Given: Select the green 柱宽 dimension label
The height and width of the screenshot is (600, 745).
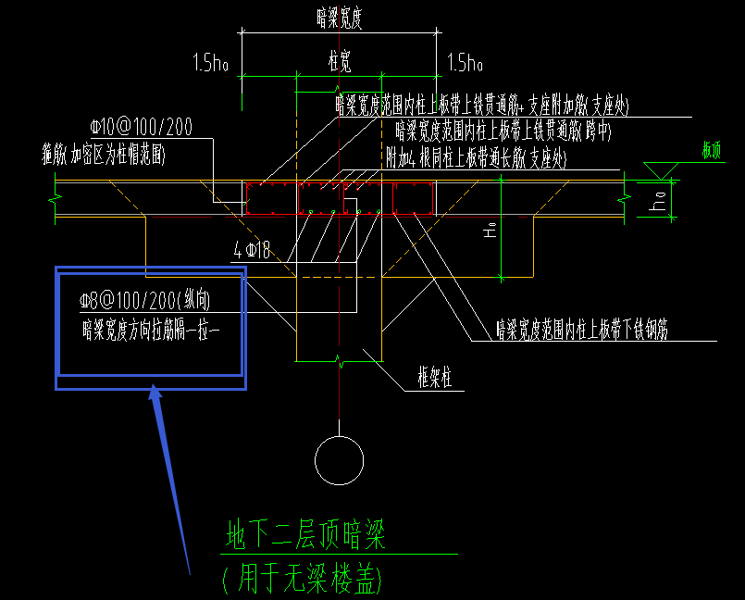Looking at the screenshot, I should [340, 61].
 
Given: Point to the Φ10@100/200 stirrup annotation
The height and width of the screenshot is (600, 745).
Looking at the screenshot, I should [141, 127].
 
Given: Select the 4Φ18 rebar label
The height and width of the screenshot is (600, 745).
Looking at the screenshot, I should [251, 249].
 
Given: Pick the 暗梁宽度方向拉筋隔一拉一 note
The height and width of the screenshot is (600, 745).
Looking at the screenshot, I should [150, 327].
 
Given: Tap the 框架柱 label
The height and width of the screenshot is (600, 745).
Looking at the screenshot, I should [434, 378].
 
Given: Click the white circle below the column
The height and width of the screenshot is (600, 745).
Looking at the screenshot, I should [339, 459].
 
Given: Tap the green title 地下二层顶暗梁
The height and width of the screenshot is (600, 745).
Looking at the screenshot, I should [305, 535].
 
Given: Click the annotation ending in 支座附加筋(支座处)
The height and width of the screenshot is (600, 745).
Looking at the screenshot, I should [481, 106].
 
